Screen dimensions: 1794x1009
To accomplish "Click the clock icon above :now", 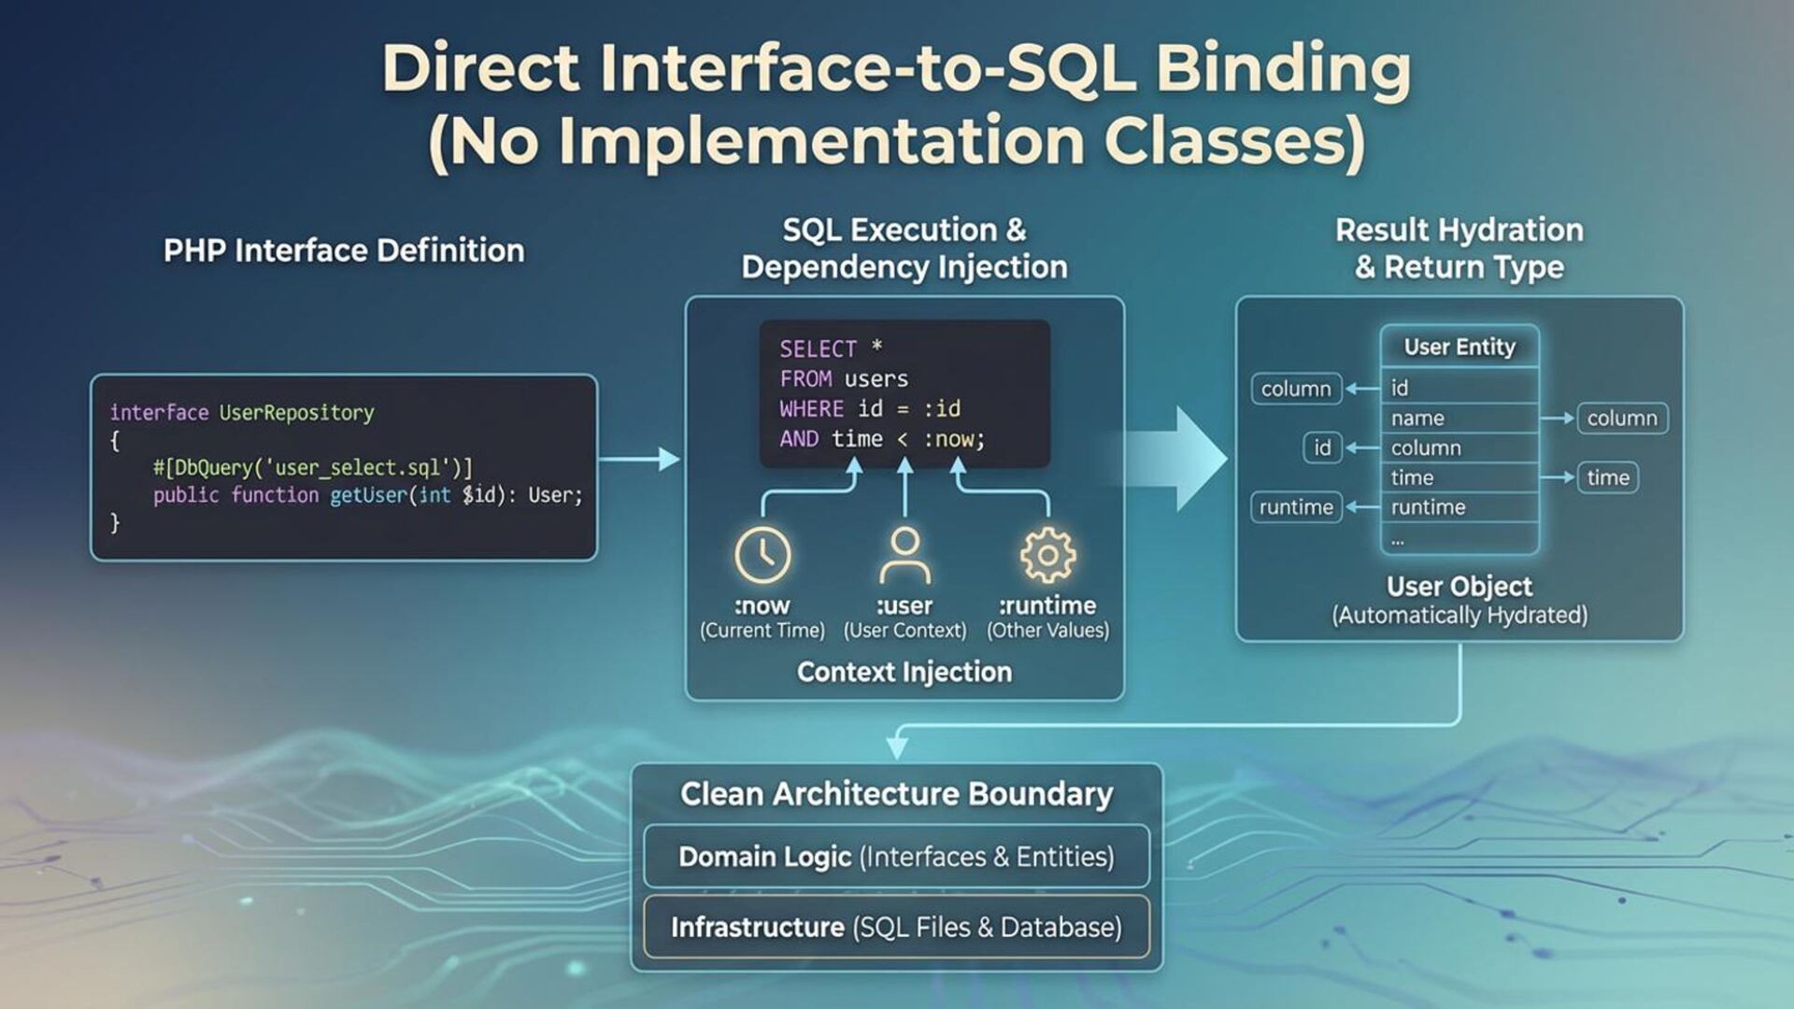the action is click(x=762, y=554).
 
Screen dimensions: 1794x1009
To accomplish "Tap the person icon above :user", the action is click(x=904, y=554).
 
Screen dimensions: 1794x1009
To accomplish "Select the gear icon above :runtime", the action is click(x=1047, y=555).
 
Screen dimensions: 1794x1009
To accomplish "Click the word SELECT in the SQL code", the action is click(x=818, y=349).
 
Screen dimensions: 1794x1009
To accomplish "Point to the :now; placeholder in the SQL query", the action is click(x=954, y=439).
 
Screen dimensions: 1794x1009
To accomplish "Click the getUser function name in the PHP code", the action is click(x=368, y=495).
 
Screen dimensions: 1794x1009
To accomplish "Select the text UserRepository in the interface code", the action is click(x=296, y=413).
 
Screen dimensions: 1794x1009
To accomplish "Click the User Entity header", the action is click(x=1459, y=347).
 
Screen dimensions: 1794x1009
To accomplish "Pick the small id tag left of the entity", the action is click(x=1322, y=448).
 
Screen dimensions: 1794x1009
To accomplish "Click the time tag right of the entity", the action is click(x=1607, y=477).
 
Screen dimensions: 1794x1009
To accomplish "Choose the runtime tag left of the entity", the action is click(x=1296, y=507).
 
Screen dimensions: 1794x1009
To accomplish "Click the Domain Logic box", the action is click(x=896, y=857).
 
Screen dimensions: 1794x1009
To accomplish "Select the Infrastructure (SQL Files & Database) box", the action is click(x=896, y=927).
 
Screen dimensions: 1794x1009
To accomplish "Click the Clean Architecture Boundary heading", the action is click(x=896, y=794).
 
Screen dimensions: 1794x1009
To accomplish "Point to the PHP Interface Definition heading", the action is click(x=344, y=250).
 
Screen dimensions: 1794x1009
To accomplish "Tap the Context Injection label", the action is click(x=904, y=672).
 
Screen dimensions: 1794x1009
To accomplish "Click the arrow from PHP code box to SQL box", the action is click(x=640, y=459).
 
